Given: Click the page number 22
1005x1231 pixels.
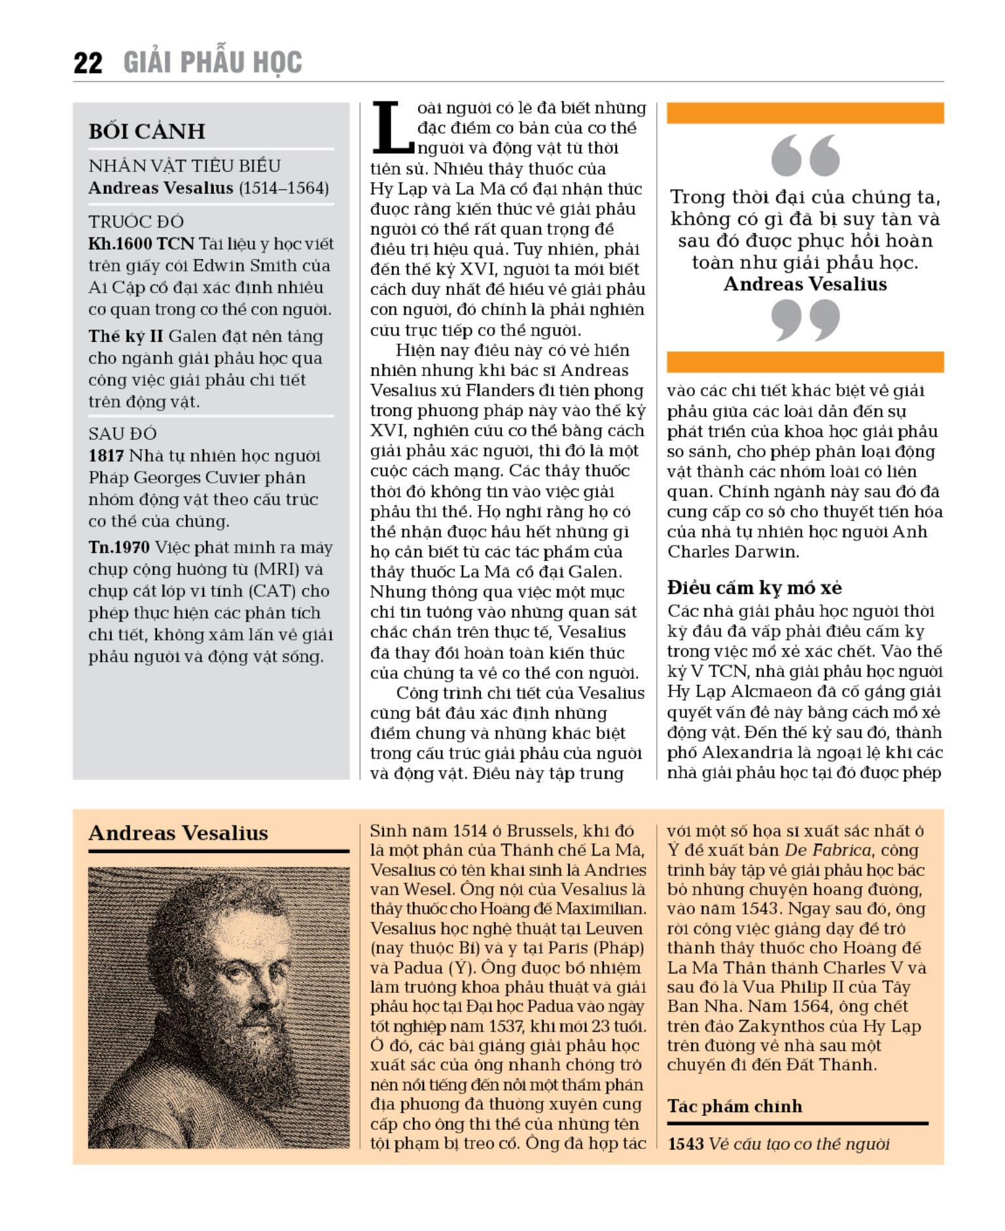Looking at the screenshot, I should point(88,63).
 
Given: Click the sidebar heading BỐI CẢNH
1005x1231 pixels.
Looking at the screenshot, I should point(147,131).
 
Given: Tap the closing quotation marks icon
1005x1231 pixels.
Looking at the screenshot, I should point(805,320).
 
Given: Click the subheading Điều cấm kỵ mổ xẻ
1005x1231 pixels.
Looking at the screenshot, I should point(754,587).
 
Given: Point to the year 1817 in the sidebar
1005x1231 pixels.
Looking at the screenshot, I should point(106,456).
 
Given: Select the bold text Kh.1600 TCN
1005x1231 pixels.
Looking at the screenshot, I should point(141,244).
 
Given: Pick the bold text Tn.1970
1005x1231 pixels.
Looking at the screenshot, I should point(119,547).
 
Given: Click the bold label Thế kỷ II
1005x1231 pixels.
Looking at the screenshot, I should point(126,336).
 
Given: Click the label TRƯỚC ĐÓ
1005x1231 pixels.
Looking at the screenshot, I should point(136,222).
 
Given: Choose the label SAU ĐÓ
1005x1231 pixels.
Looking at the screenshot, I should point(123,434).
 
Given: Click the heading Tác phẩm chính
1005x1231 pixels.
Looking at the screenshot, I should point(734,1107).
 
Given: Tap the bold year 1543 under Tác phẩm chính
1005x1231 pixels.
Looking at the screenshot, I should point(685,1144).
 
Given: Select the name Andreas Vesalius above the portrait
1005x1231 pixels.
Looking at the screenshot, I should point(178,833).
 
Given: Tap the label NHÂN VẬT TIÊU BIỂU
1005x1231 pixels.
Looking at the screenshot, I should point(185,166).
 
